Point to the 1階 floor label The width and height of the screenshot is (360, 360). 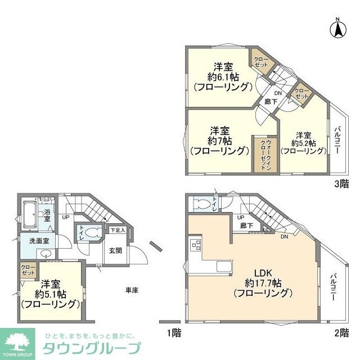coord(174,332)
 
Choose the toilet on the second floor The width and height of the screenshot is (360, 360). coord(200,204)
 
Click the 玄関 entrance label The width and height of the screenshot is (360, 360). coord(115,250)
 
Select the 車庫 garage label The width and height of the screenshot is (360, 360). coord(132,290)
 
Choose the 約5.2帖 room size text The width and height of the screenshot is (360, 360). coord(303,143)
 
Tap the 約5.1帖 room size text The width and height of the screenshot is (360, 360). coord(51,294)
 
